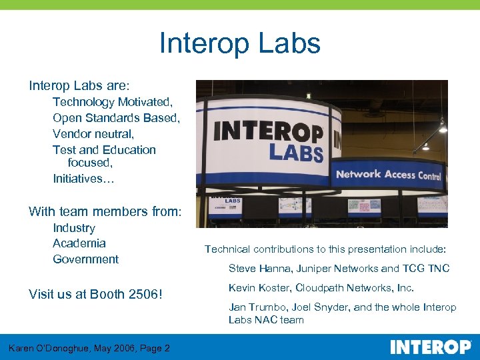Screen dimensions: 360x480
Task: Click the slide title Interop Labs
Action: coord(240,43)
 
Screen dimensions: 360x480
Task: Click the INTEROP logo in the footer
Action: coord(430,347)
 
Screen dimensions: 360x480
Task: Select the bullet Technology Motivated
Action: coord(113,102)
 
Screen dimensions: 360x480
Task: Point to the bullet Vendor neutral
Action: coord(93,134)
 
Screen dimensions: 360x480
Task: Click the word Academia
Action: coord(79,243)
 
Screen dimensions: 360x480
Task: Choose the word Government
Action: coord(85,259)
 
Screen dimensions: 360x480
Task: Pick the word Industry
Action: coord(74,228)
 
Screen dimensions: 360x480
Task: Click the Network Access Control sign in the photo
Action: coord(388,175)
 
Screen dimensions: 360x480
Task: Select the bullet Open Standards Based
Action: coord(116,118)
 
